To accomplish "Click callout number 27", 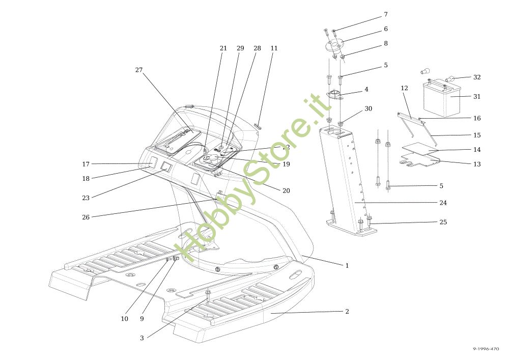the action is (139, 70).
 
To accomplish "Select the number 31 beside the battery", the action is (476, 96).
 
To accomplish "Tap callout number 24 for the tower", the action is (443, 203).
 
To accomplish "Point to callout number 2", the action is (347, 311).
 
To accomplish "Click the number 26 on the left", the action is (86, 217).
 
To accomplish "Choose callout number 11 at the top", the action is (274, 48).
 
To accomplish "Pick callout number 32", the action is (476, 77).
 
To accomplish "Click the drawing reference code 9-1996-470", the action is (486, 349).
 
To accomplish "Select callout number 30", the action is (368, 109).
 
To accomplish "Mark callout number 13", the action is (476, 164).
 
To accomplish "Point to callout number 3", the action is (142, 338).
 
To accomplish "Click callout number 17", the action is (86, 164).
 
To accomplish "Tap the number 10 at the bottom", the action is (124, 319).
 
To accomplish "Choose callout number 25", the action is (443, 222).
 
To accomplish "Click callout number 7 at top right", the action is (385, 14).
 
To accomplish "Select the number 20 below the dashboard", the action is (286, 191).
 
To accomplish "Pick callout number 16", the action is (476, 118).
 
